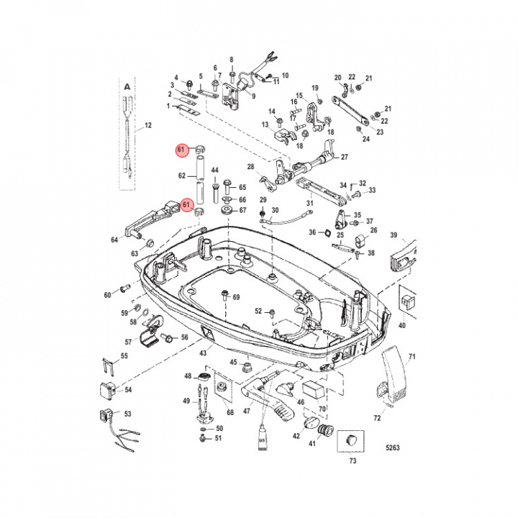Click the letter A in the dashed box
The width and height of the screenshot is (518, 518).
pyautogui.click(x=127, y=86)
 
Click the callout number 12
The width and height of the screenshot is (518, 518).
pyautogui.click(x=148, y=126)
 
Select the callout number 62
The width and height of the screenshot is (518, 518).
pyautogui.click(x=182, y=175)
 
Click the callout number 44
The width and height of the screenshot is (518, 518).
pyautogui.click(x=214, y=171)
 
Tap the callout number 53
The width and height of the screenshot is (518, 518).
pyautogui.click(x=128, y=414)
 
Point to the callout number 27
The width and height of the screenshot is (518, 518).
pyautogui.click(x=344, y=157)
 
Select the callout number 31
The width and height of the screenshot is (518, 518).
pyautogui.click(x=310, y=204)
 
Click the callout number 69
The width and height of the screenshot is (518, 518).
pyautogui.click(x=235, y=297)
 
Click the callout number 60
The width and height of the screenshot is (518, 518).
pyautogui.click(x=108, y=295)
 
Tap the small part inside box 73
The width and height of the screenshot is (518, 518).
pyautogui.click(x=352, y=439)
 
